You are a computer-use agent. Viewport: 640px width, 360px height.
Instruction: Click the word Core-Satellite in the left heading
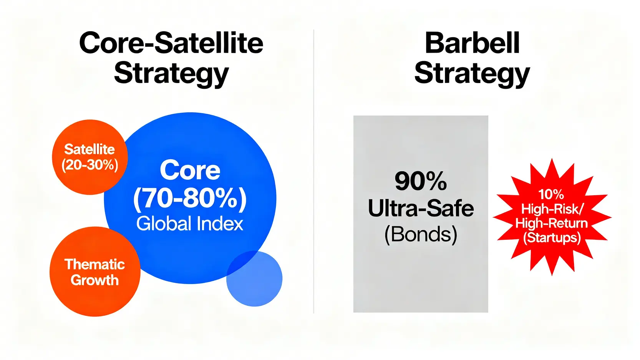171,43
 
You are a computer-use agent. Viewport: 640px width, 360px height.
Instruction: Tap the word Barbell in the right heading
472,43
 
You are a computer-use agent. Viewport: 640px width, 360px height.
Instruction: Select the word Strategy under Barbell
472,74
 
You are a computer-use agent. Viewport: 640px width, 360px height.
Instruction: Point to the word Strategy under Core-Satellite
171,74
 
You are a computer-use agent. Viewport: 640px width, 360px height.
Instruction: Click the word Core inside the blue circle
190,171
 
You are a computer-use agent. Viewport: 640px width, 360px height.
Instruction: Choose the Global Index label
190,224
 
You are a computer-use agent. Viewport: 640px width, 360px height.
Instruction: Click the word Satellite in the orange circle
90,149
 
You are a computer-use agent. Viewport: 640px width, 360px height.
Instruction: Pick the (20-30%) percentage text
90,165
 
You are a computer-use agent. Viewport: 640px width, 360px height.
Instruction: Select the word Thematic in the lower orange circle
95,264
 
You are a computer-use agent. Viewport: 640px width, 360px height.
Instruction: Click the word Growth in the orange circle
95,280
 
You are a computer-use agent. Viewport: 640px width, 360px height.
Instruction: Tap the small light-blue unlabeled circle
254,279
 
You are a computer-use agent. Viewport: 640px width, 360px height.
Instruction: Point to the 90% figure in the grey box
421,181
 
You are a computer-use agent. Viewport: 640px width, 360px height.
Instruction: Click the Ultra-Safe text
421,209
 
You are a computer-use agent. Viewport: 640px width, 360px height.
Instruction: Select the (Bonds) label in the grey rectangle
421,235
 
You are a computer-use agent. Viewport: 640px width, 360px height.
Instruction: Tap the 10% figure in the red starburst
551,194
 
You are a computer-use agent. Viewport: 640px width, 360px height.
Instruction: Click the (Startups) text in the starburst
552,238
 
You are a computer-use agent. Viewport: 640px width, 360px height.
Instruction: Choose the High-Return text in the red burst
551,223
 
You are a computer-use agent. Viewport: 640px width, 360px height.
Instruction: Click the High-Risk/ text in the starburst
552,209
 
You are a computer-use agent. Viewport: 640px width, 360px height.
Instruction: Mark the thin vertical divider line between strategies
314,171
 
